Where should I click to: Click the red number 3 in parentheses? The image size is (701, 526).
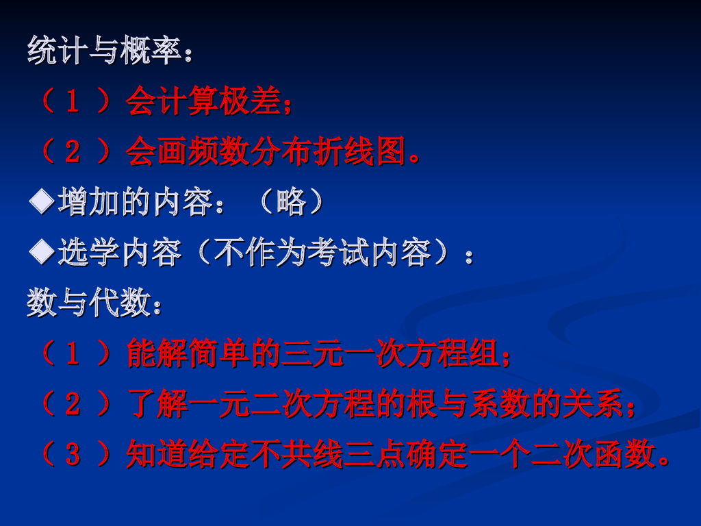[73, 455]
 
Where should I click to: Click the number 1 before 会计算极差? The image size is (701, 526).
[73, 103]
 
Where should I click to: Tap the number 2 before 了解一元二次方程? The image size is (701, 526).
[73, 405]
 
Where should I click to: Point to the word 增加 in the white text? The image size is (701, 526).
[88, 203]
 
